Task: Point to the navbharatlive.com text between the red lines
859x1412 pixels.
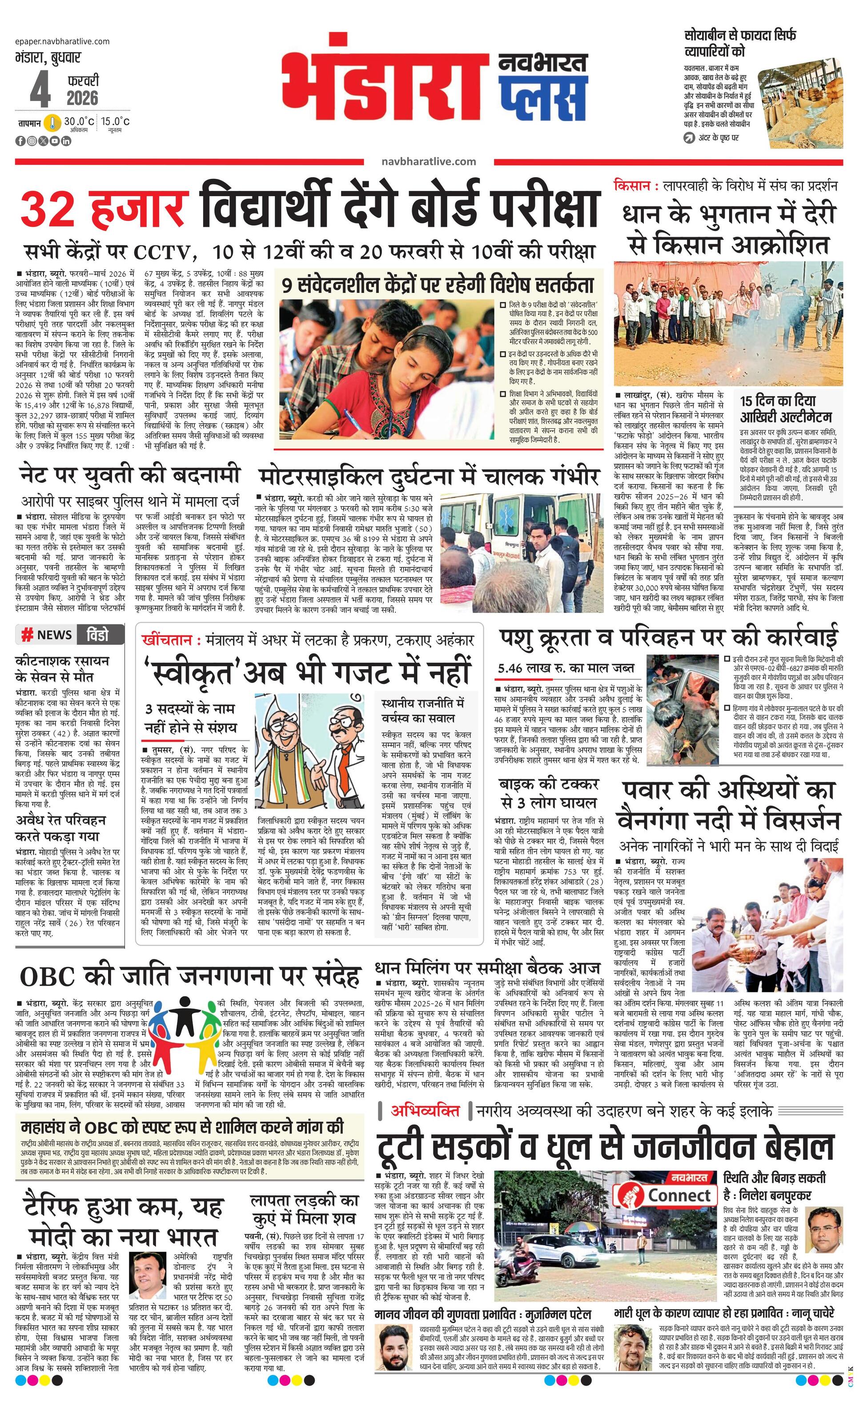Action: coord(428,162)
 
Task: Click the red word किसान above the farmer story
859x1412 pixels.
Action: coord(631,186)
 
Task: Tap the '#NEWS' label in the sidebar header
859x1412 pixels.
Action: coord(47,635)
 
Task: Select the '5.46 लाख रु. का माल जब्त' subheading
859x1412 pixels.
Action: coord(566,668)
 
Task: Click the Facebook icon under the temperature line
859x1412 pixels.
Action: coord(20,141)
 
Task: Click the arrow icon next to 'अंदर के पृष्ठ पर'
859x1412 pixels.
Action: coord(688,138)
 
